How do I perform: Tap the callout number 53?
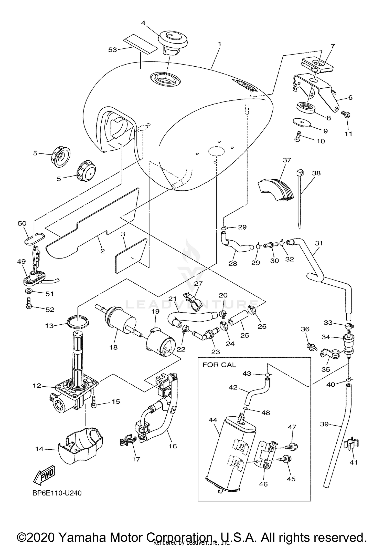[x=112, y=50]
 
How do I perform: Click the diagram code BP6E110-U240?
[x=57, y=493]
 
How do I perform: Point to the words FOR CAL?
[x=219, y=365]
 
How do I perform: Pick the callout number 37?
[x=287, y=160]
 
